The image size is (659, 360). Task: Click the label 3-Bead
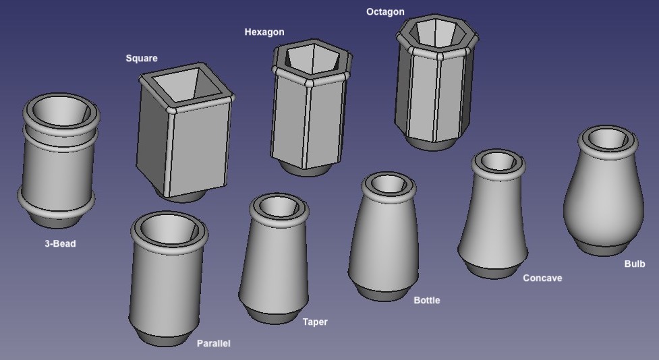60,243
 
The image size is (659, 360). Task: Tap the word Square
142,59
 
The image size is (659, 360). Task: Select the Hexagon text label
264,32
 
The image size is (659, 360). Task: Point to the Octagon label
385,11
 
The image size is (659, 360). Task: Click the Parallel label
214,343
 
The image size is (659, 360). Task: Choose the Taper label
315,322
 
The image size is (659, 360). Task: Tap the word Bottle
426,301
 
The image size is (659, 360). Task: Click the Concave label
542,278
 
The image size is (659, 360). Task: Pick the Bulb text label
634,264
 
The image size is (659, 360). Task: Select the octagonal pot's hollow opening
436,33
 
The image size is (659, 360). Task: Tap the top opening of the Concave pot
498,161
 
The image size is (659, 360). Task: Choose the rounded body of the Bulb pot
604,198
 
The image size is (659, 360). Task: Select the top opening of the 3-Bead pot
61,111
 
